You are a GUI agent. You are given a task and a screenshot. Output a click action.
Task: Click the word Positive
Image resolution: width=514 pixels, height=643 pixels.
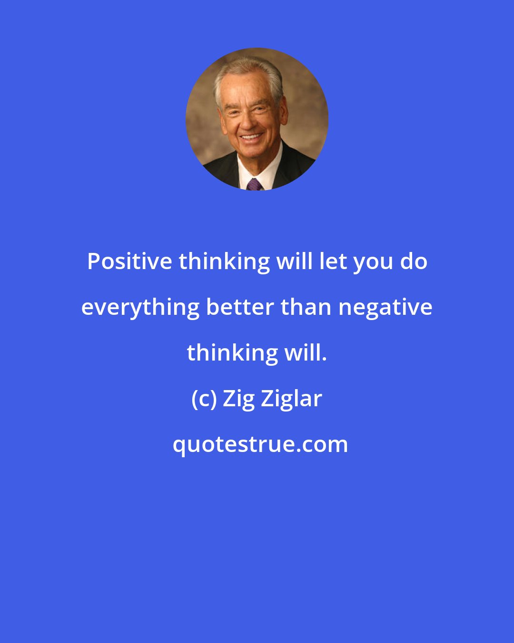click(x=129, y=261)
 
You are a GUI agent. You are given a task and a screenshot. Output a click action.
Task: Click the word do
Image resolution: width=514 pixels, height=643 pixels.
click(x=414, y=261)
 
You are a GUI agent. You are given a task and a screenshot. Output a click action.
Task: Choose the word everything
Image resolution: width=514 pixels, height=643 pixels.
click(x=140, y=308)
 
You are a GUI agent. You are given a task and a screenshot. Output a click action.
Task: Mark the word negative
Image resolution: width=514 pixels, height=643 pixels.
click(x=385, y=308)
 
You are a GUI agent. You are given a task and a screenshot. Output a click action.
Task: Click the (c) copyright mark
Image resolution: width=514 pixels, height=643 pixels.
click(x=204, y=399)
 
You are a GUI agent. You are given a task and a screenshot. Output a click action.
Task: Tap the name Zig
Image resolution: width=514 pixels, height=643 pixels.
click(x=239, y=399)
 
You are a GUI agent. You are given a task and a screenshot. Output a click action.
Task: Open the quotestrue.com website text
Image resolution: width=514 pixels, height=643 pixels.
click(x=260, y=445)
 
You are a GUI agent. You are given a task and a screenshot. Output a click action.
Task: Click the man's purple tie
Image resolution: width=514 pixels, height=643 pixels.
click(x=254, y=184)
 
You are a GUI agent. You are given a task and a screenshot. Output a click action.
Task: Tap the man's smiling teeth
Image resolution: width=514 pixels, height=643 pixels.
click(x=251, y=137)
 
